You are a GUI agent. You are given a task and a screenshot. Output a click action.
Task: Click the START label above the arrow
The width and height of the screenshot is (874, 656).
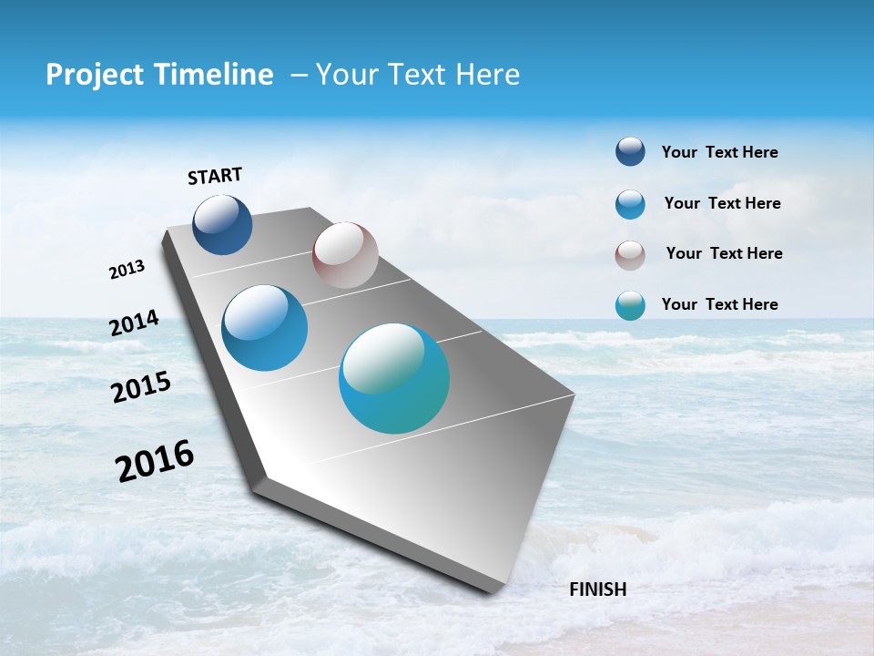tap(215, 176)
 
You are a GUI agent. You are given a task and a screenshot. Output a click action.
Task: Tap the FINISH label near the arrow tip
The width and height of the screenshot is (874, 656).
tap(597, 589)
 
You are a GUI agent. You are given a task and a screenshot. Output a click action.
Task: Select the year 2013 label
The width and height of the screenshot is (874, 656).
tap(127, 270)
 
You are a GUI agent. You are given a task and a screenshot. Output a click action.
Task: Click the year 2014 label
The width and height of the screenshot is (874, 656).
tap(134, 323)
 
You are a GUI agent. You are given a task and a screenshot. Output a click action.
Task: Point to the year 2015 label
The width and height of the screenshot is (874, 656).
tap(141, 388)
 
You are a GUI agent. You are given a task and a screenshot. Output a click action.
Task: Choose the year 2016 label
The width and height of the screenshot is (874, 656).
tap(155, 461)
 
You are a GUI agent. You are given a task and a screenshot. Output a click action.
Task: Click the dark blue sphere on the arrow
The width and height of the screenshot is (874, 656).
tap(222, 224)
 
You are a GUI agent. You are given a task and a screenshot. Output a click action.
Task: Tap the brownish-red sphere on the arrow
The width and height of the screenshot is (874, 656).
tap(345, 255)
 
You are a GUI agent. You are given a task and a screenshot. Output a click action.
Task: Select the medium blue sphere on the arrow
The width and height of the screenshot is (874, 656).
tap(264, 328)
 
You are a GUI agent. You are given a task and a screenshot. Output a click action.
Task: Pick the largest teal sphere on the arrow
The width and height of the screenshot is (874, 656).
tap(394, 378)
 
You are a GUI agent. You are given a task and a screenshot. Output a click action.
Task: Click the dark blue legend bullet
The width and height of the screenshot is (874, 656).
tap(630, 151)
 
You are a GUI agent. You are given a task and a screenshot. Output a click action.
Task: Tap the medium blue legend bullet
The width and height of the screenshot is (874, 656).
tap(630, 204)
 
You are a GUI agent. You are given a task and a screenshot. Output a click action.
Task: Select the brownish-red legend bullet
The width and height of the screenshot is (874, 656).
tap(630, 255)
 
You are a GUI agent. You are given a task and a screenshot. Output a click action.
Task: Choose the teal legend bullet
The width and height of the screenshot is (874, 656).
tap(630, 305)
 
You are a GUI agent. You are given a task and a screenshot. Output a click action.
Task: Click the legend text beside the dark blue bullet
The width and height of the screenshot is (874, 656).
tap(719, 152)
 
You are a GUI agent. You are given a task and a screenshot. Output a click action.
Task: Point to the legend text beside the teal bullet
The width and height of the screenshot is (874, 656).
tap(719, 304)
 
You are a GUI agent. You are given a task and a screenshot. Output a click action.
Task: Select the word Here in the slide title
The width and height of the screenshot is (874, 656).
tap(487, 75)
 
